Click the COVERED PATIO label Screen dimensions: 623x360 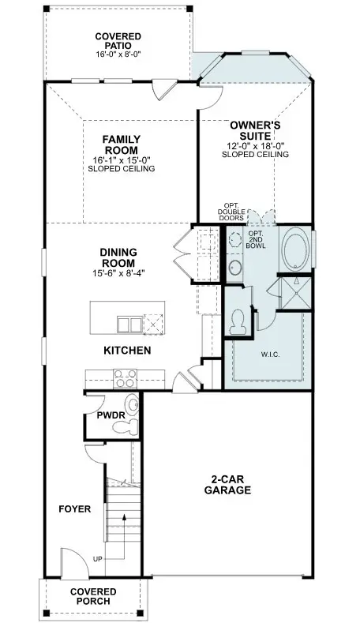118,42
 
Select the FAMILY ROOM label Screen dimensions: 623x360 121,144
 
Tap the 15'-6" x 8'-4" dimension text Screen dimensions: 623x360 118,272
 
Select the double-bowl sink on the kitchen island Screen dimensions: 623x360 126,324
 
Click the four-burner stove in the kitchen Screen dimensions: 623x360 126,379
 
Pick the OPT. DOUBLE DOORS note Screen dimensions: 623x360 234,211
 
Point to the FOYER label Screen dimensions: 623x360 75,509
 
